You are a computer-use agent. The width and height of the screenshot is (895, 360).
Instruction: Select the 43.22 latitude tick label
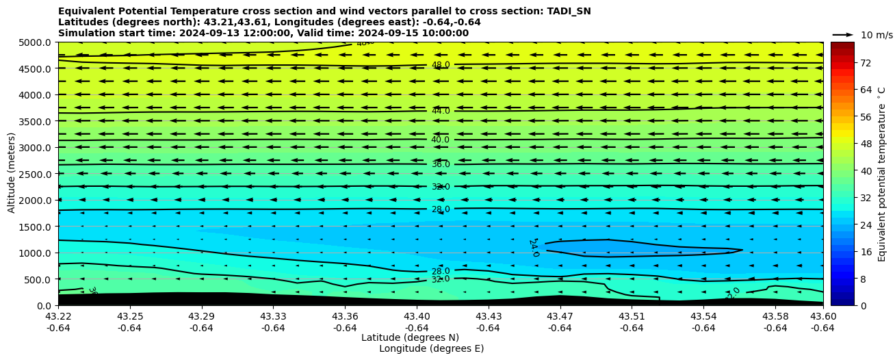tap(58, 317)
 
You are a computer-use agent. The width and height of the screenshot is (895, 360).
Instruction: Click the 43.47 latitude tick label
tap(560, 317)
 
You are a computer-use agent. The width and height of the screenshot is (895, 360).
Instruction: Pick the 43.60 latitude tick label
tap(822, 317)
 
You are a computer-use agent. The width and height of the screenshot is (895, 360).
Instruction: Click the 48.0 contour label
tap(441, 65)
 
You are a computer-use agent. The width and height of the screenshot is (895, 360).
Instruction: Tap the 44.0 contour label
tap(441, 111)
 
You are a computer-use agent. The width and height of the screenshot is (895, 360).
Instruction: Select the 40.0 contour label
tap(440, 140)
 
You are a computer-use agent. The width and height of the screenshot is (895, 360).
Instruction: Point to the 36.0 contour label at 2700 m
tap(441, 164)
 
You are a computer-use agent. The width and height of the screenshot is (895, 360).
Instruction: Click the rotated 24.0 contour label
tap(534, 248)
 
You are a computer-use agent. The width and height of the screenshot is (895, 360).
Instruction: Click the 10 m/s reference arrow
tap(843, 35)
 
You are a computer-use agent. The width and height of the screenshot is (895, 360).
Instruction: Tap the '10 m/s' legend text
tap(877, 35)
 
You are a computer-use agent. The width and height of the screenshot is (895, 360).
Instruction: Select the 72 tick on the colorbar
tap(866, 63)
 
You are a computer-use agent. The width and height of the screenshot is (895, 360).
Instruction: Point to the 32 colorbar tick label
tap(866, 198)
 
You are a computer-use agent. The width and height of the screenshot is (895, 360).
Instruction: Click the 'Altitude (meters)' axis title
tap(12, 174)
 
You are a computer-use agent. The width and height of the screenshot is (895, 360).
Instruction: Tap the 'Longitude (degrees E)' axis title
tap(431, 348)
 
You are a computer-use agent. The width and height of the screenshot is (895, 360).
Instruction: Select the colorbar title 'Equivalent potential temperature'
tap(882, 174)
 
